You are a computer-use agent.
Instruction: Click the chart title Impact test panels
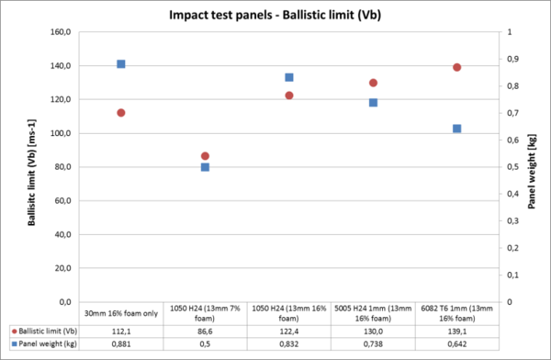[275, 16]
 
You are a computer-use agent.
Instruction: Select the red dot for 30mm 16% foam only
[120, 113]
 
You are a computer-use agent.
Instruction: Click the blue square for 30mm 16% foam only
[120, 64]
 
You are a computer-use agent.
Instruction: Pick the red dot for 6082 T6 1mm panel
[456, 67]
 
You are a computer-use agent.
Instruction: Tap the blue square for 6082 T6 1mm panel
[456, 129]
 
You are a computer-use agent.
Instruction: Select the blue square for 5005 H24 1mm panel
[373, 102]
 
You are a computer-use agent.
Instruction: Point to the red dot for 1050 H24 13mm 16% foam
[288, 96]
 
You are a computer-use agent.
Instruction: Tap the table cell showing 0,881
[120, 343]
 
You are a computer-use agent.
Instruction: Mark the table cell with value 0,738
[373, 343]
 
